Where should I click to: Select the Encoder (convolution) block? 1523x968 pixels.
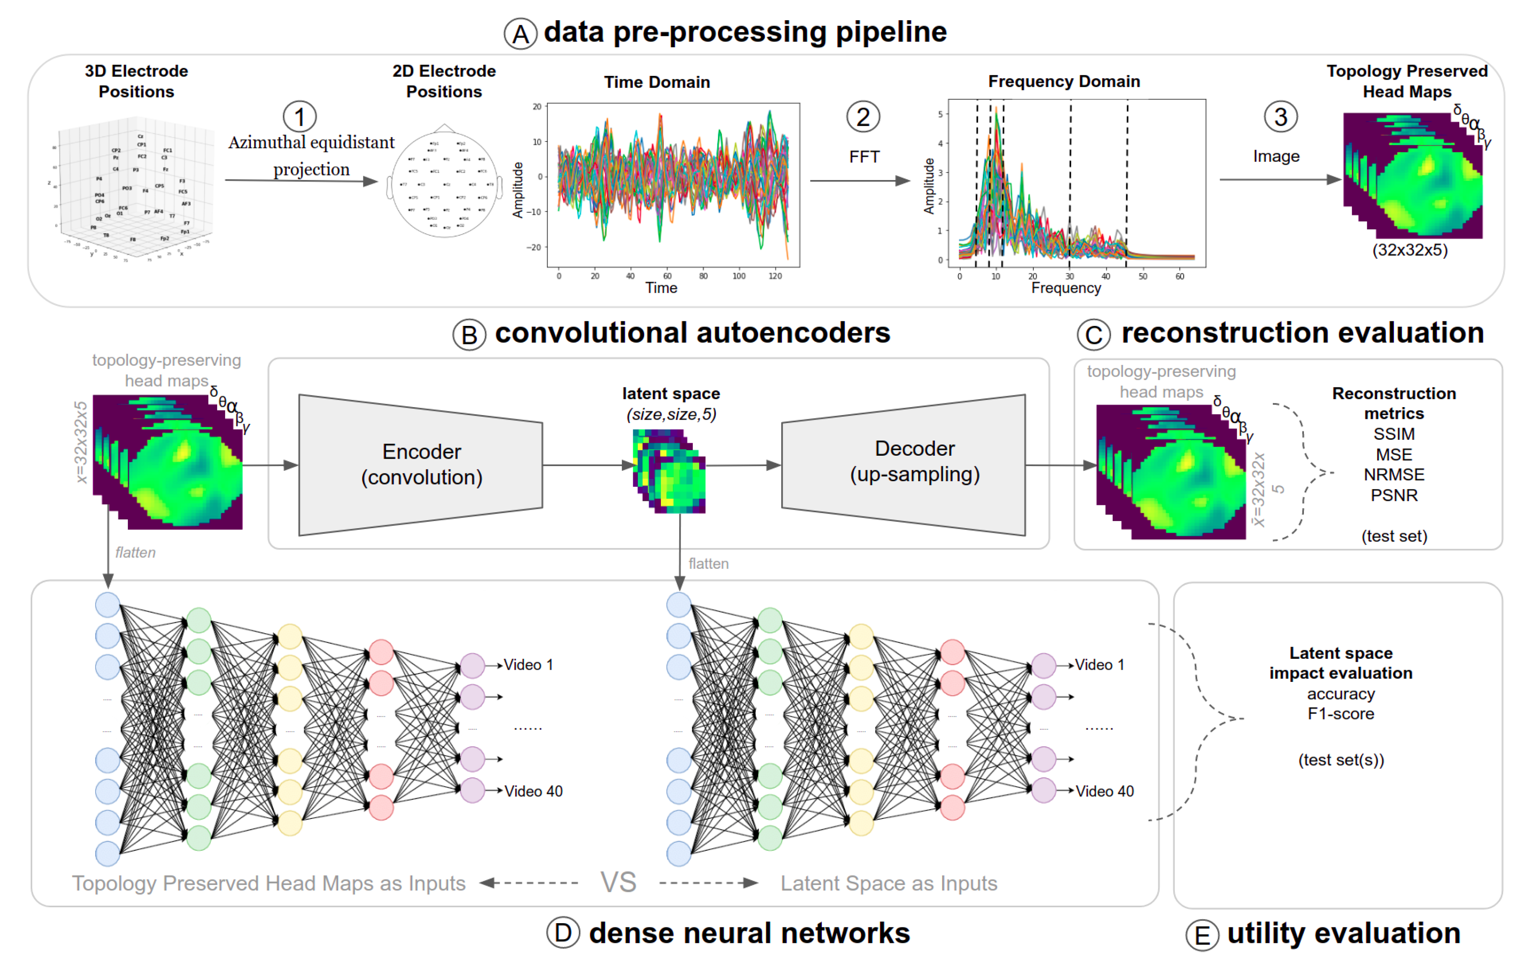(421, 465)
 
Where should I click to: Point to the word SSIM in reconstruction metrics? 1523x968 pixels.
(1393, 434)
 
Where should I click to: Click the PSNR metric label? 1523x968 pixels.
(1393, 495)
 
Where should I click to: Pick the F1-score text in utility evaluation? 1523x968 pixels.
(1340, 714)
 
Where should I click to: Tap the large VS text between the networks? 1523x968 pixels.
(618, 882)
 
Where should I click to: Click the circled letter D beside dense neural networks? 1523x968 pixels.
(562, 933)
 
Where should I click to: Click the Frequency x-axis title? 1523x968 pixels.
(1066, 288)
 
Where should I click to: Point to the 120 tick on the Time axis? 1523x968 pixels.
(775, 276)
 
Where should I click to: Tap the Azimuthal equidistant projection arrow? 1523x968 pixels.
(301, 181)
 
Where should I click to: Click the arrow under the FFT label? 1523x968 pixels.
(860, 181)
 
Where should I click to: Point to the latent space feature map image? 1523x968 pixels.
(669, 471)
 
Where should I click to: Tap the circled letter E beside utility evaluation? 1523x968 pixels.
(1202, 936)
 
